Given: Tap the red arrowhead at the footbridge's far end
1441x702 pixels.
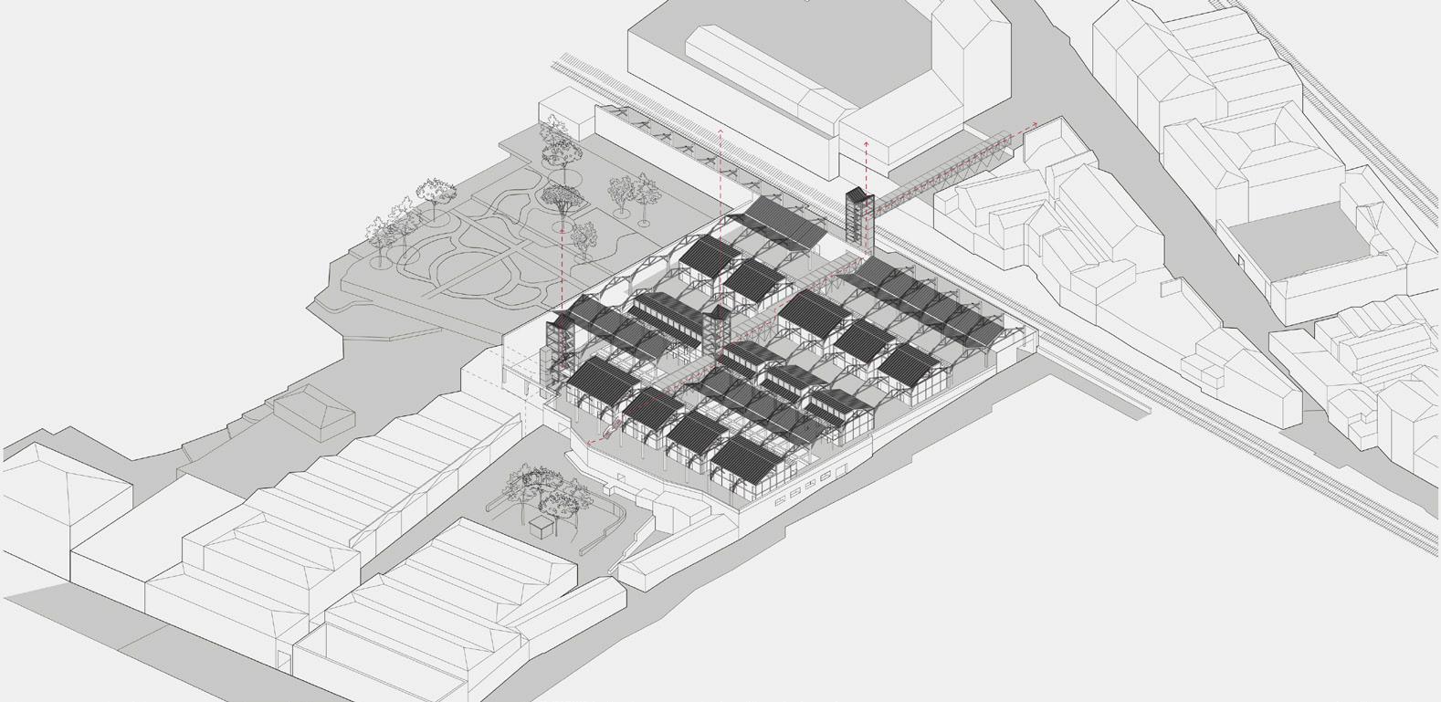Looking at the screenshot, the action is (1034, 123).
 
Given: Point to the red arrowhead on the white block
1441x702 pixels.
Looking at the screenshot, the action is (866, 144).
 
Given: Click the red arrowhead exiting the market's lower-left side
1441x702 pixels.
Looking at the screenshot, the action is (590, 444).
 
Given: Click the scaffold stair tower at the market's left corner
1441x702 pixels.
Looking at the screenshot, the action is (558, 351).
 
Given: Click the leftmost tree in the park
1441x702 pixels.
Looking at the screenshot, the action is (380, 233).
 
